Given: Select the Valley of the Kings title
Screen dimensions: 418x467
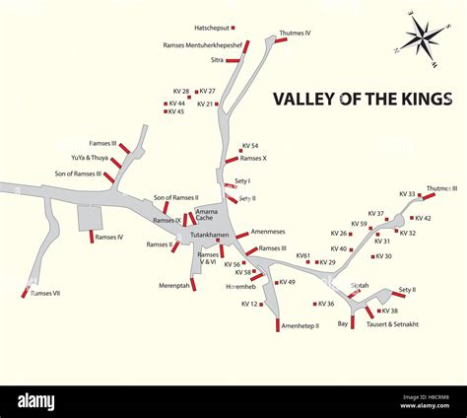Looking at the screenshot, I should click(x=362, y=99).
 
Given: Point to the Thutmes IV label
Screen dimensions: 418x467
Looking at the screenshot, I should click(x=295, y=34).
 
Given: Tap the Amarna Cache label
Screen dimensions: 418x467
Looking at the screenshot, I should click(x=207, y=214).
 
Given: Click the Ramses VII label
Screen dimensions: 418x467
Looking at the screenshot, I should click(x=45, y=293).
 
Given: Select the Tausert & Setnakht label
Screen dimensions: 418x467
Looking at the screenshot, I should click(x=392, y=323).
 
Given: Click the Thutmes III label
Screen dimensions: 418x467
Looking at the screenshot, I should click(x=441, y=188).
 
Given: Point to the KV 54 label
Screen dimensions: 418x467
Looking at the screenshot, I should click(x=250, y=146).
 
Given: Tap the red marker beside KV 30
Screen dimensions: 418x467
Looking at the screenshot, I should click(x=373, y=256).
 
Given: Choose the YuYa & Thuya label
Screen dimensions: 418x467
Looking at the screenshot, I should click(x=90, y=158).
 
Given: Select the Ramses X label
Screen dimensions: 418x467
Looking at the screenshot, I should click(x=253, y=158).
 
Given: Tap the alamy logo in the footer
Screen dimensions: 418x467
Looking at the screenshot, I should click(x=35, y=401).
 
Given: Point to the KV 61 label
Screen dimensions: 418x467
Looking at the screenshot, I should click(x=303, y=255).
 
